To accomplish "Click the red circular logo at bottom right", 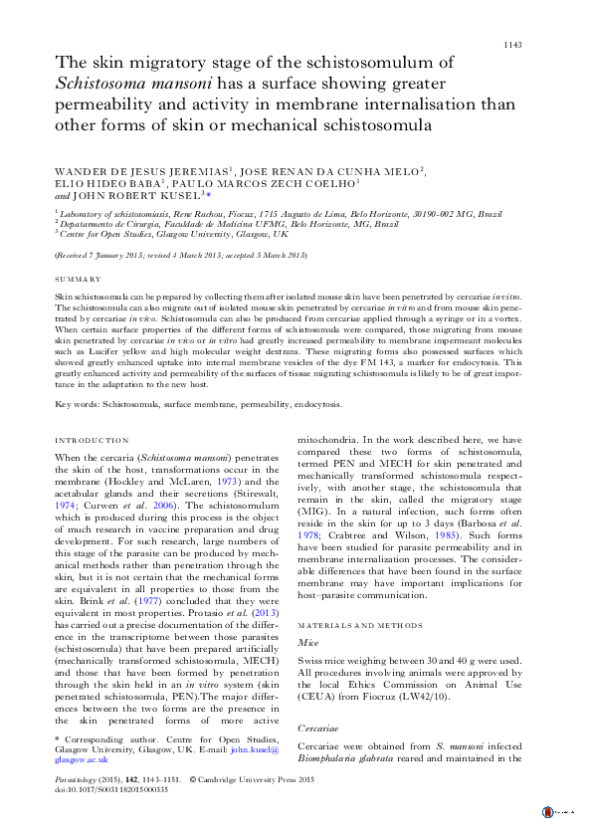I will tap(548, 813).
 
